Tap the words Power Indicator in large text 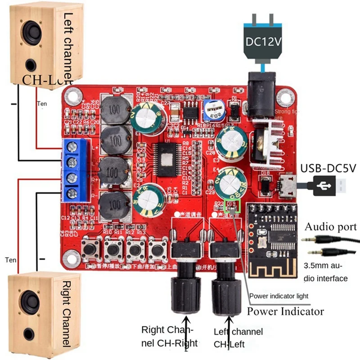click(286, 311)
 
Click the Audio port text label click(331, 226)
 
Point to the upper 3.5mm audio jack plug click(324, 239)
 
